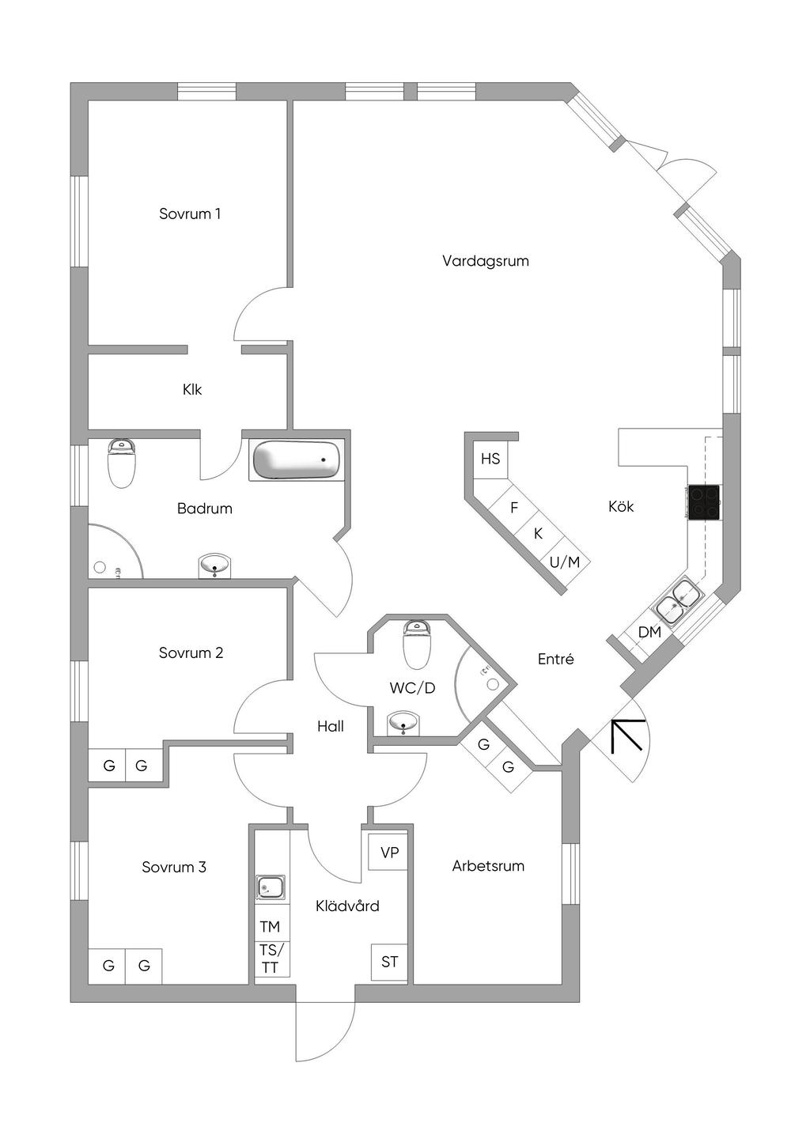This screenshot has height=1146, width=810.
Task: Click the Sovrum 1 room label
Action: click(190, 214)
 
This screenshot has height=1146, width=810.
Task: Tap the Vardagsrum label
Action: click(486, 262)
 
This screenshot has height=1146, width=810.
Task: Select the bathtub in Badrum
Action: click(297, 460)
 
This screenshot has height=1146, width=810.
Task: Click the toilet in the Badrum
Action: click(122, 463)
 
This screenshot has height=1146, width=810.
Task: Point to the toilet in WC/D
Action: click(418, 644)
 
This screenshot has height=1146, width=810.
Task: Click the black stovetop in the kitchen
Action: click(705, 502)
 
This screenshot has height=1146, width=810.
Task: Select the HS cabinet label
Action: click(490, 459)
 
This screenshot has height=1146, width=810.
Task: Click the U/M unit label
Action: click(565, 562)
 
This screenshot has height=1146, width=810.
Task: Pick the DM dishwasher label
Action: click(649, 633)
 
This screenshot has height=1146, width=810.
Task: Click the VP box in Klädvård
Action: click(389, 853)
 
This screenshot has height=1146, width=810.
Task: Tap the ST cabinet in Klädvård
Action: click(389, 962)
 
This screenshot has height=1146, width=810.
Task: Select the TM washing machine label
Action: click(270, 926)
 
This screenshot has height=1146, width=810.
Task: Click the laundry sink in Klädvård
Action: click(271, 887)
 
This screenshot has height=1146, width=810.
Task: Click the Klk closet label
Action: click(192, 390)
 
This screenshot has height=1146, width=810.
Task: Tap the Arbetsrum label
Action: click(488, 866)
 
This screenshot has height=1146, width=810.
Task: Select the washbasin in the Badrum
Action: click(214, 565)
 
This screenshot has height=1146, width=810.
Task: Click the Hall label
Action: click(330, 726)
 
